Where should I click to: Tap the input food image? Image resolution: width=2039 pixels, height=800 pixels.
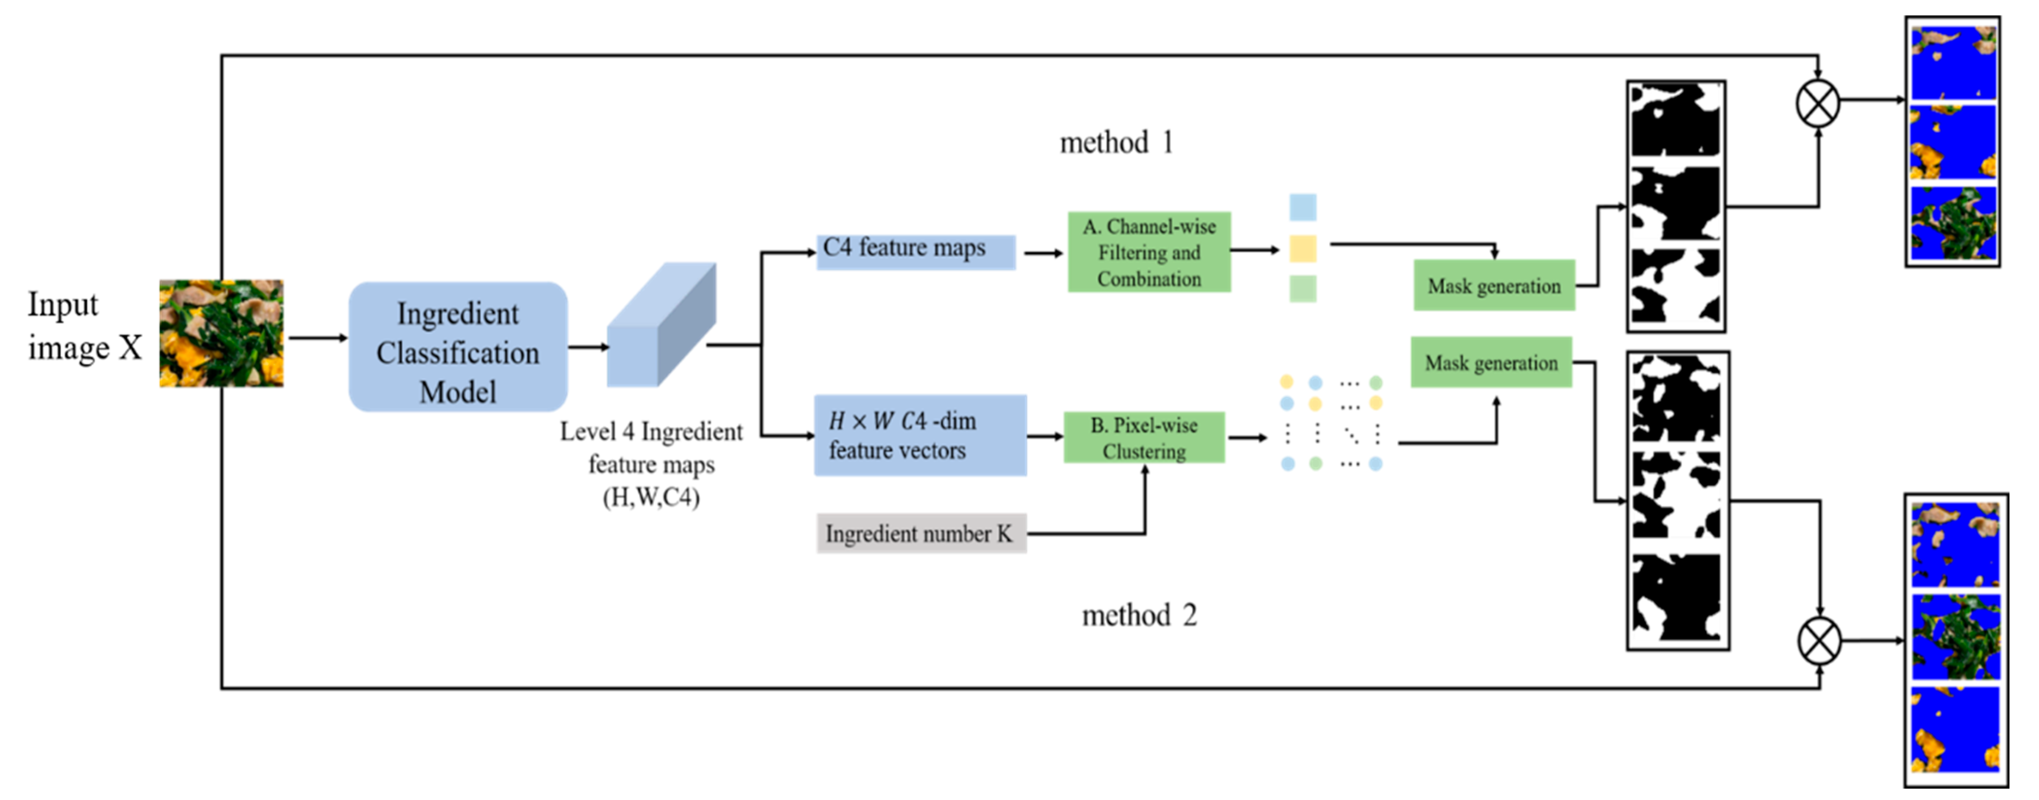click(222, 333)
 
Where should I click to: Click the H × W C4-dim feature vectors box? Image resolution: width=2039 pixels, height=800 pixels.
click(920, 435)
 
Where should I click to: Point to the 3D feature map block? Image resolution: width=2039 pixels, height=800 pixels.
click(662, 324)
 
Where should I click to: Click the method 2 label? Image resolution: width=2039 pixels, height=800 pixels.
click(1139, 615)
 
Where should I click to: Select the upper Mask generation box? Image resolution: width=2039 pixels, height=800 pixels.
click(1494, 285)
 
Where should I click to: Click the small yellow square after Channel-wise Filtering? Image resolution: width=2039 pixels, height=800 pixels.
click(1303, 249)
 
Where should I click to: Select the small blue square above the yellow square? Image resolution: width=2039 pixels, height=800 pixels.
click(1303, 207)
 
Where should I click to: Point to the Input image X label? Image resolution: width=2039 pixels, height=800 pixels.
click(85, 326)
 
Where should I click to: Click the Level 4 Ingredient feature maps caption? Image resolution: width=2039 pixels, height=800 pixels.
click(652, 464)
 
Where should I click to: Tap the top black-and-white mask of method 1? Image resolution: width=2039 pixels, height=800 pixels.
click(1676, 120)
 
